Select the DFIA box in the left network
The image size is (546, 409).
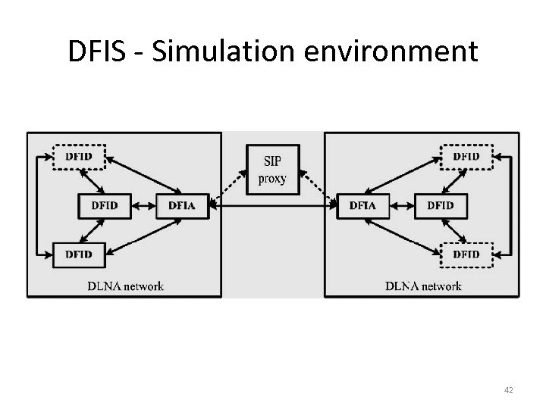[182, 205]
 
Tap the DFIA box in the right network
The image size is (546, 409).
[362, 205]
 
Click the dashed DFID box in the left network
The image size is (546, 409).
[79, 157]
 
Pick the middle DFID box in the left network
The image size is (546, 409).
[105, 205]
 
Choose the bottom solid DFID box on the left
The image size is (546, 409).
[79, 254]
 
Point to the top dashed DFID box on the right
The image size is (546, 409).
[466, 157]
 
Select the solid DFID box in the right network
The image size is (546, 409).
[441, 205]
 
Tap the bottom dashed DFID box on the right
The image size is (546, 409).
[466, 254]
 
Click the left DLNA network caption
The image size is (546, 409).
[125, 286]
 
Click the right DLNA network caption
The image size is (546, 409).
[422, 286]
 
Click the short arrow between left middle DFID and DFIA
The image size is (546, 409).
[143, 205]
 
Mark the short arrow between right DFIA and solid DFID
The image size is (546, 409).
[402, 205]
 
